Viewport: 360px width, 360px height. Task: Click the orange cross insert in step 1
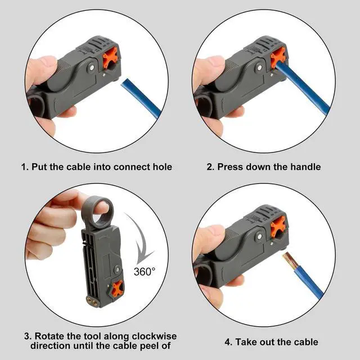110,57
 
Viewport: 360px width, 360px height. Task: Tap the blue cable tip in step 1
124,83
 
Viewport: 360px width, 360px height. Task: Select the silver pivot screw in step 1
92,67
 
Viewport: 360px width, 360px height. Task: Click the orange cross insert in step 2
278,57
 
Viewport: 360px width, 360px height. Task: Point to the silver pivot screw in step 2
260,67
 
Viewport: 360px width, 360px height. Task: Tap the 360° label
145,272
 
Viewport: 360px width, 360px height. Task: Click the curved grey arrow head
144,257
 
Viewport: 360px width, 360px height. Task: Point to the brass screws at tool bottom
92,301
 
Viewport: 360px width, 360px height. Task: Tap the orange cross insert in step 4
278,226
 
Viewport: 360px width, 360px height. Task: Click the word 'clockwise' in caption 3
154,336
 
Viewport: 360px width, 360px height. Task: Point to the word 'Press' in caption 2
230,166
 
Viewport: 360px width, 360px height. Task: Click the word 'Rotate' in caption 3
49,336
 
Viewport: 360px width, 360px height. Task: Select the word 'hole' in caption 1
163,166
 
